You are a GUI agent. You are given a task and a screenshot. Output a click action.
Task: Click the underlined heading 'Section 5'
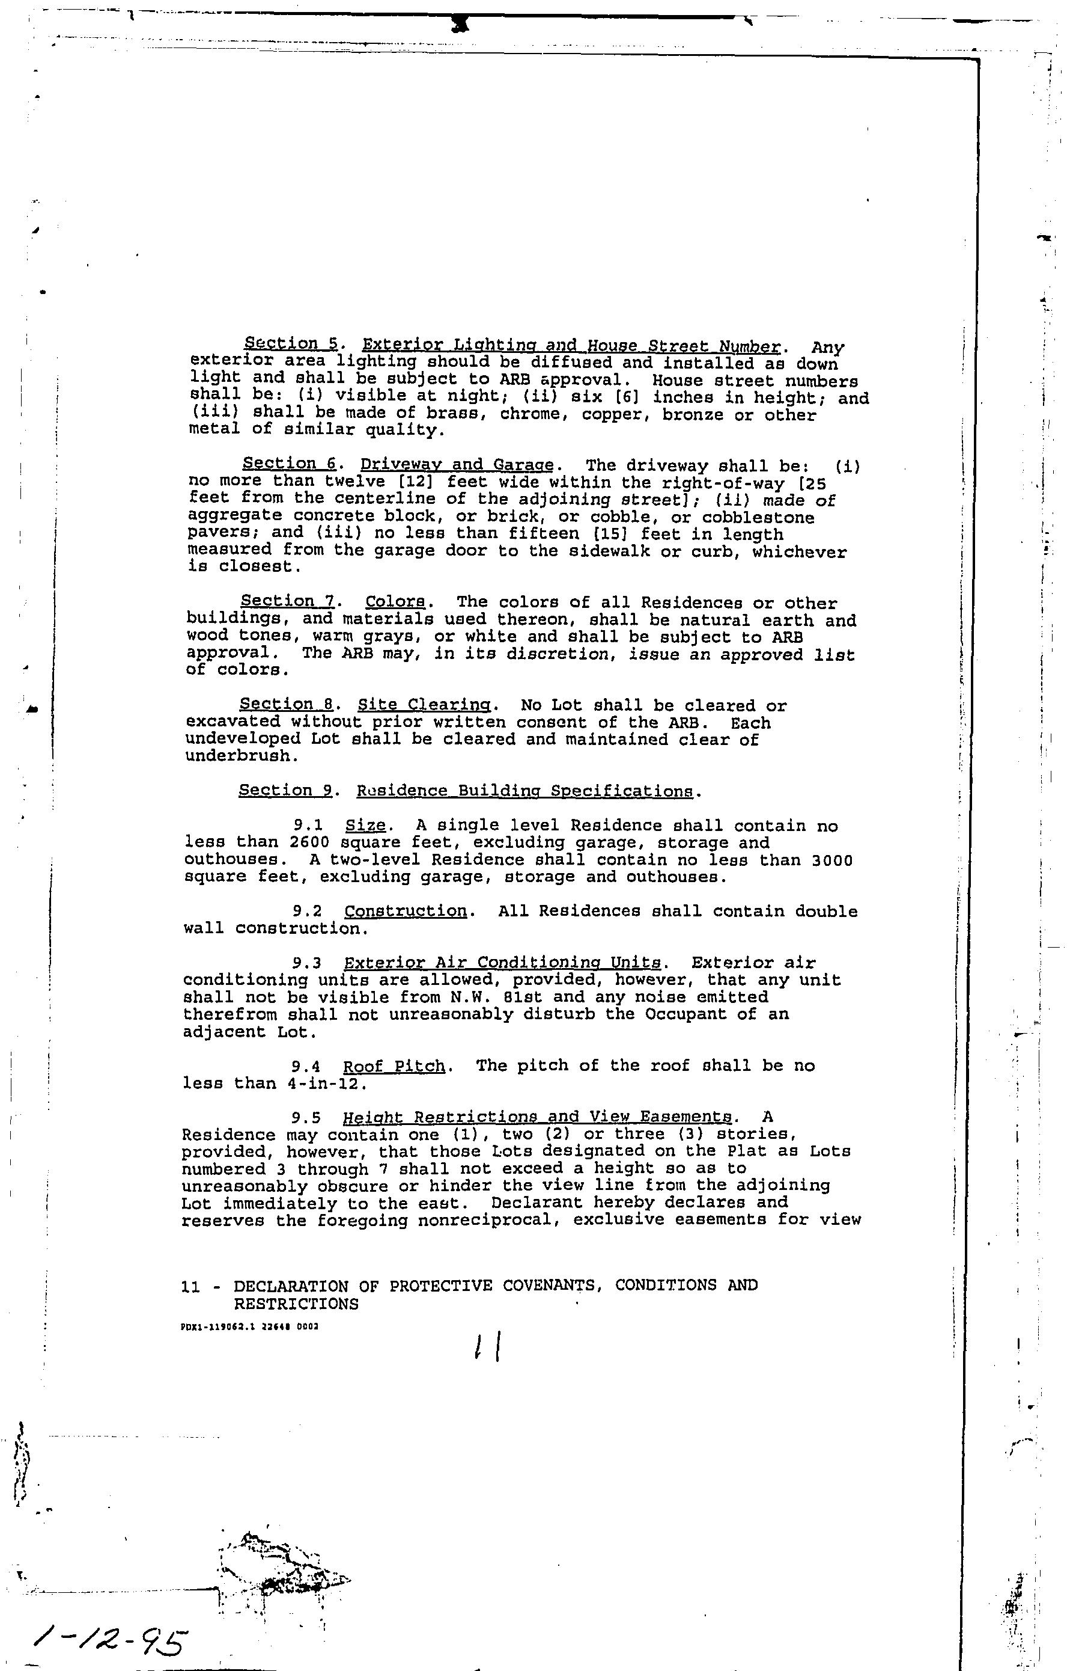point(291,344)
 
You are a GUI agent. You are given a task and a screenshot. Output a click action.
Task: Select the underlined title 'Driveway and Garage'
point(457,465)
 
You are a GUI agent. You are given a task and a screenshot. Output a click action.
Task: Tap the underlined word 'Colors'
point(395,602)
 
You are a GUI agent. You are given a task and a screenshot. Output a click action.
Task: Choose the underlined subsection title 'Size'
point(365,826)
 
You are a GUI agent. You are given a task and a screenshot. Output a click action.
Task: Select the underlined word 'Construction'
point(406,912)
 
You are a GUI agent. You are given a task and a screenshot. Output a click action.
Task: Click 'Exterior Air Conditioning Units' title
point(502,963)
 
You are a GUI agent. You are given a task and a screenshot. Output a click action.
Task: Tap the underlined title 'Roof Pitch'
point(394,1067)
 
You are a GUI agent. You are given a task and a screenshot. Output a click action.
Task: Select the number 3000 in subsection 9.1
point(832,861)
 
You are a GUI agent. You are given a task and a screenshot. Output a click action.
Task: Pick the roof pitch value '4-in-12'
point(326,1084)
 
